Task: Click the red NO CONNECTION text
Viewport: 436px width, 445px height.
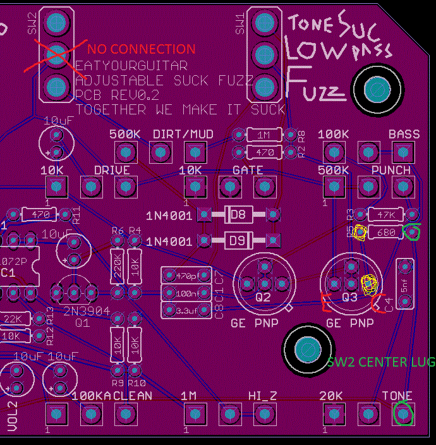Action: point(142,49)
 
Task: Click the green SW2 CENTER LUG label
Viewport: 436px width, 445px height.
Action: point(381,362)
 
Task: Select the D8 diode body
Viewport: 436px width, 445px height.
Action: point(238,215)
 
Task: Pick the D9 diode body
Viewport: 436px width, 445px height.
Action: point(238,241)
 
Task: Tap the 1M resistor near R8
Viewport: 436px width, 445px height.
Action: point(264,135)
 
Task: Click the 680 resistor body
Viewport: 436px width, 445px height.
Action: point(386,233)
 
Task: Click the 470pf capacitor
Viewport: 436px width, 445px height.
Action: point(186,276)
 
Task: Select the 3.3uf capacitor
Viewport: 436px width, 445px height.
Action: point(186,310)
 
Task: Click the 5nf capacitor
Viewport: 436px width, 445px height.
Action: point(404,284)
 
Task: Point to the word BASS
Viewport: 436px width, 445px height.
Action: point(404,135)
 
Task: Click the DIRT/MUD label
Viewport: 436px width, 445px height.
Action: point(183,135)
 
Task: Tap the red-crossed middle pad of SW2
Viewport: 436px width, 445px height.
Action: point(56,52)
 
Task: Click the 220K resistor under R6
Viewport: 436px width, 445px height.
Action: point(117,264)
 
